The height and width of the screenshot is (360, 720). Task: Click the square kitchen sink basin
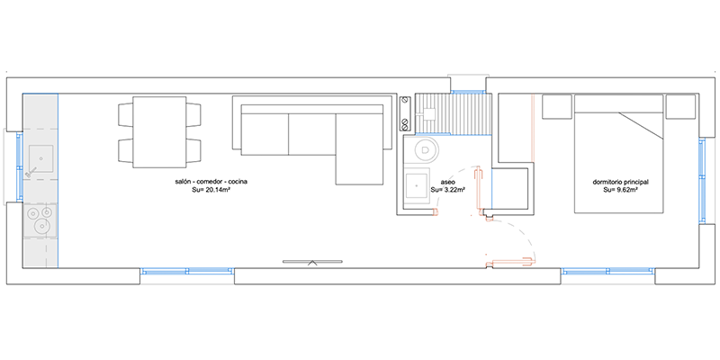(x=40, y=158)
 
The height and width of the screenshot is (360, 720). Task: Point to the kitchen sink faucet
(x=31, y=172)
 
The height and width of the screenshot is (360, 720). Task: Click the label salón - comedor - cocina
(x=211, y=182)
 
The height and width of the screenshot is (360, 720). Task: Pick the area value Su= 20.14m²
(x=211, y=190)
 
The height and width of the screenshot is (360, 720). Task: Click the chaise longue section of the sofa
(x=359, y=148)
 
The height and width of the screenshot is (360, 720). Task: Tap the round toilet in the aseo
(x=425, y=149)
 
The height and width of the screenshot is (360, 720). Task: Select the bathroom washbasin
(x=417, y=185)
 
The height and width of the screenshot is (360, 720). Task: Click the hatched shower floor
(x=453, y=114)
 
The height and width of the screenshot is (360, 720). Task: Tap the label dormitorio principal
(x=620, y=182)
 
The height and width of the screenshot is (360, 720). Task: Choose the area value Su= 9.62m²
(x=620, y=190)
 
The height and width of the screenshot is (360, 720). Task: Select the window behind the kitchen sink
(x=19, y=166)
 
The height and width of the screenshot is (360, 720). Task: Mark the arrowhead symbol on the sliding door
(x=312, y=263)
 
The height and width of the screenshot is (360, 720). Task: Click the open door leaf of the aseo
(x=479, y=192)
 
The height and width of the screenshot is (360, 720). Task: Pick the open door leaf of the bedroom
(x=511, y=263)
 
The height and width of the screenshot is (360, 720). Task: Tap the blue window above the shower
(x=468, y=93)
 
